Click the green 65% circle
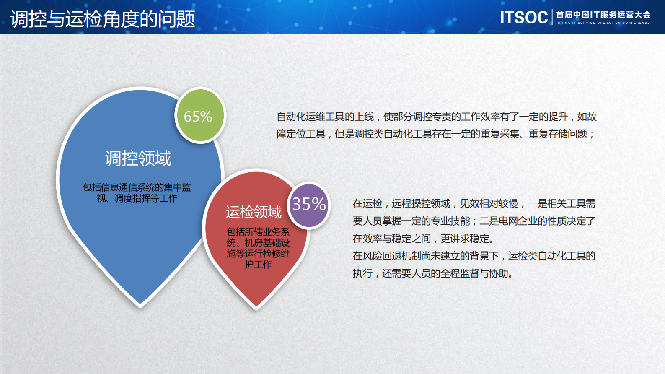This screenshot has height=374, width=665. [200, 116]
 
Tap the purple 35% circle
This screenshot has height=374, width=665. [309, 205]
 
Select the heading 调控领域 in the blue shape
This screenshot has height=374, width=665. [138, 158]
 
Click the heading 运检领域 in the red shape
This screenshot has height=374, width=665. [254, 212]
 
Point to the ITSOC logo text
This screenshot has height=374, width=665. [524, 18]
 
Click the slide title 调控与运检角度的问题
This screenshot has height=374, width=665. [103, 19]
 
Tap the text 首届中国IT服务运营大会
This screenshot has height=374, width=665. [603, 15]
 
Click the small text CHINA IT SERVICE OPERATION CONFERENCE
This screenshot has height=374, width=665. [603, 23]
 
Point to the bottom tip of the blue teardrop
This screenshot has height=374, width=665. [140, 305]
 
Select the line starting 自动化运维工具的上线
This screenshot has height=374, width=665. [436, 117]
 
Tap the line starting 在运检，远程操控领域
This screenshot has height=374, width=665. [474, 204]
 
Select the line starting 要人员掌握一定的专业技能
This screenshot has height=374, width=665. [474, 221]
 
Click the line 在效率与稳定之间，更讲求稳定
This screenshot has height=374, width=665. [423, 239]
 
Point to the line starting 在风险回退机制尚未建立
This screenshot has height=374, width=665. [474, 256]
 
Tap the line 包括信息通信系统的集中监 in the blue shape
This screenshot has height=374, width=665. [137, 187]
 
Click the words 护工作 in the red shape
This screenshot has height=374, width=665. [258, 265]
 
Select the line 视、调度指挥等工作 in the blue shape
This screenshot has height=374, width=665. [137, 198]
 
